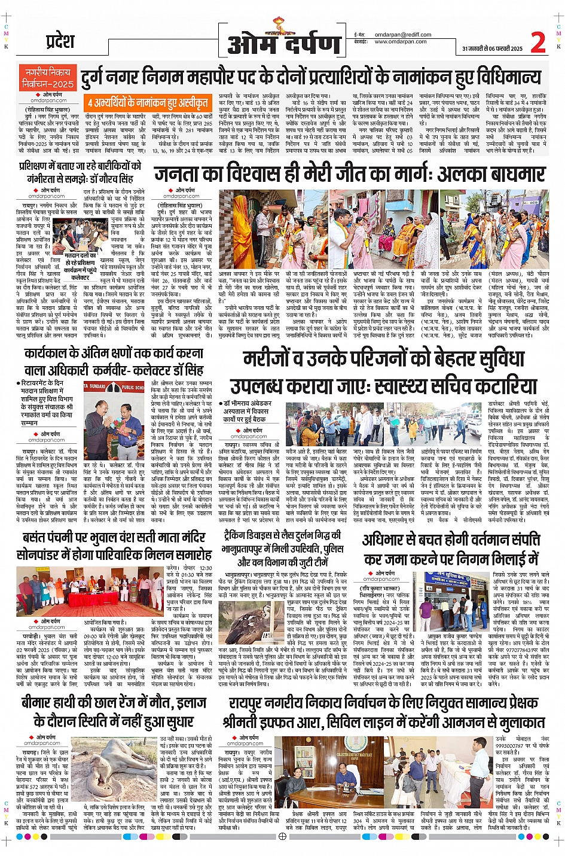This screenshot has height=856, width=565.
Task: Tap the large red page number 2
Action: click(538, 42)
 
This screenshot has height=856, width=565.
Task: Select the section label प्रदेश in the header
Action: click(60, 41)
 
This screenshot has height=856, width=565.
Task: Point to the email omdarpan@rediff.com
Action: click(402, 35)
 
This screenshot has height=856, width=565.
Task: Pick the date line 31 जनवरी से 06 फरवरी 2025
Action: click(491, 49)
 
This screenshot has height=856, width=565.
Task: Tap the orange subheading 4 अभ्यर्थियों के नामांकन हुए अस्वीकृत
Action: click(147, 102)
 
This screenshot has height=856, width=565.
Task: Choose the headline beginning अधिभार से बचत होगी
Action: click(451, 540)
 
